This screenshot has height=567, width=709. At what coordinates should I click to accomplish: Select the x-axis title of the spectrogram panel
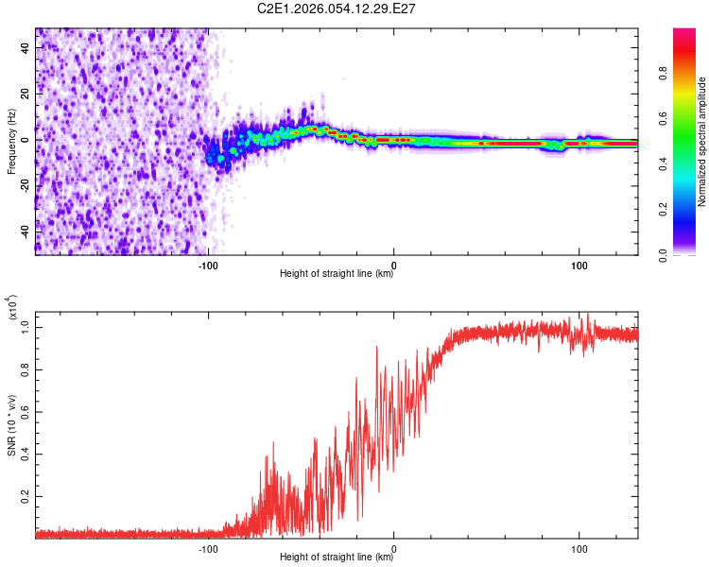(337, 274)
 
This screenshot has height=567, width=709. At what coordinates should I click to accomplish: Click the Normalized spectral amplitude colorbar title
(702, 142)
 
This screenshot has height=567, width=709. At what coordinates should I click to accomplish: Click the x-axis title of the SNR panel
(337, 558)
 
